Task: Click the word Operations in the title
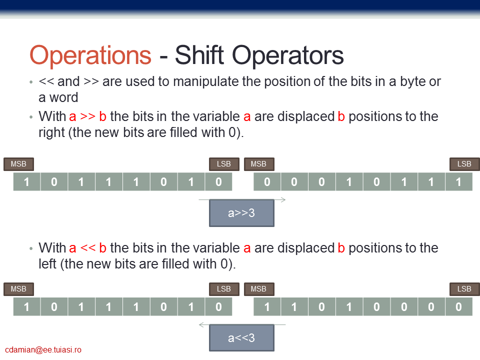(x=90, y=55)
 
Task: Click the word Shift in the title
(x=199, y=54)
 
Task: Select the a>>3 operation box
(x=241, y=213)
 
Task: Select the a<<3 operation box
(x=241, y=338)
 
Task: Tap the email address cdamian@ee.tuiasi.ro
(x=43, y=349)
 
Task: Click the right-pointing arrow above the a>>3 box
(x=242, y=200)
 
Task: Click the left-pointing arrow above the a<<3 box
(x=242, y=324)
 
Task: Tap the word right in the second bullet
(x=51, y=133)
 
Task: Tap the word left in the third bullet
(x=47, y=264)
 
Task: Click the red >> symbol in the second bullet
(x=87, y=116)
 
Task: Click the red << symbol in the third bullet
(x=87, y=248)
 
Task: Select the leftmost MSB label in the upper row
(x=18, y=164)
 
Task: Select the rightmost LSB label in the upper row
(x=464, y=164)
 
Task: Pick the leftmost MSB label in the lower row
(x=18, y=289)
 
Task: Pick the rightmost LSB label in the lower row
(x=464, y=289)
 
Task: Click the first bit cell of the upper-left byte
(x=26, y=182)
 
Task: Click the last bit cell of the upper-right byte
(x=459, y=182)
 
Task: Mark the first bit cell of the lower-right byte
(x=267, y=306)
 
